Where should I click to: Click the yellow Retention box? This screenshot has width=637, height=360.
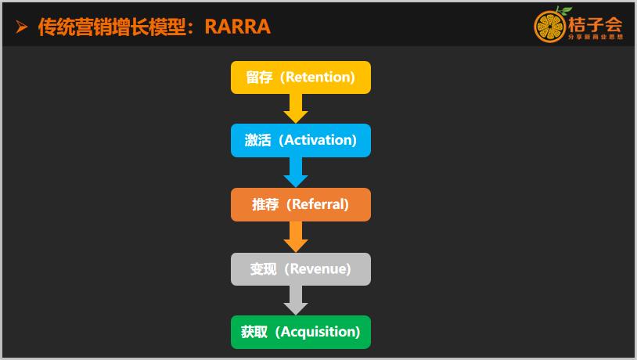tap(301, 77)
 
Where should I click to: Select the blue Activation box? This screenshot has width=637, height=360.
tap(301, 141)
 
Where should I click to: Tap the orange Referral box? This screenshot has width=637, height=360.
tap(301, 205)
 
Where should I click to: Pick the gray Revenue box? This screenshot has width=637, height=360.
tap(301, 269)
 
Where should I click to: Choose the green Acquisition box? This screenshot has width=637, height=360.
tap(301, 332)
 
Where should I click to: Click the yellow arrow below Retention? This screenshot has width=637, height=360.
tap(295, 108)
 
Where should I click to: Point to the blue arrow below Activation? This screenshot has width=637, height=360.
tap(295, 172)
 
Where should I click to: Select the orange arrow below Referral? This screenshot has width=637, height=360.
tap(295, 236)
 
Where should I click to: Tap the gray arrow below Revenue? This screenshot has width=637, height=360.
tap(295, 300)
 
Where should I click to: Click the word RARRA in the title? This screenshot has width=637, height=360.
tap(238, 27)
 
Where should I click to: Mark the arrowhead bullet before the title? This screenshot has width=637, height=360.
tap(22, 27)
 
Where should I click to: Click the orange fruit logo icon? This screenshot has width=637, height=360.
tap(549, 27)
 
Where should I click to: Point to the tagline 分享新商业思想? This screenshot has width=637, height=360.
tap(594, 37)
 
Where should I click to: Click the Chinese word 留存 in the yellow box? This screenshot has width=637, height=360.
tap(259, 77)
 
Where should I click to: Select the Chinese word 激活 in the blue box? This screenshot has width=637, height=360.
tap(257, 141)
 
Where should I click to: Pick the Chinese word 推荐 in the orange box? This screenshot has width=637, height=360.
tap(265, 205)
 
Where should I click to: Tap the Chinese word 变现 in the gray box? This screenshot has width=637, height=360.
tap(263, 269)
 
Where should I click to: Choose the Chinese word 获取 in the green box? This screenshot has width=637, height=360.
tap(254, 332)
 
